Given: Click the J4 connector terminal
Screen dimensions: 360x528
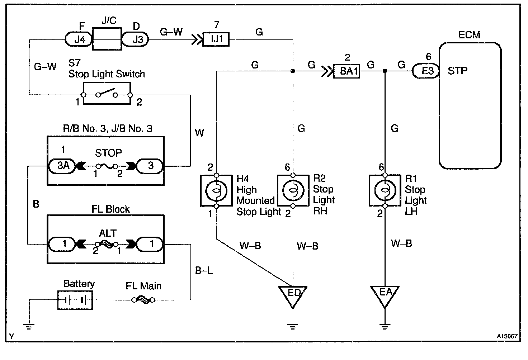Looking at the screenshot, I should pyautogui.click(x=79, y=39).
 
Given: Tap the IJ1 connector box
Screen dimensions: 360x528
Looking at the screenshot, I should pyautogui.click(x=216, y=39).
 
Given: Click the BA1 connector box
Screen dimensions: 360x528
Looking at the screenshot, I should pyautogui.click(x=346, y=71).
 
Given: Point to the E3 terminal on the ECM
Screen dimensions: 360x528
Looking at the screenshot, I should pyautogui.click(x=426, y=71).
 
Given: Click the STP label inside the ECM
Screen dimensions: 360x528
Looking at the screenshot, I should pyautogui.click(x=457, y=71).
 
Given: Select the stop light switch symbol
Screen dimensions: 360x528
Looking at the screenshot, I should pyautogui.click(x=107, y=94).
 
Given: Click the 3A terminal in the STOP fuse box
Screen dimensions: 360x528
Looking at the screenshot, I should pyautogui.click(x=63, y=166).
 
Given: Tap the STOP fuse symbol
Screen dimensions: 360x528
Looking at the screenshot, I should pyautogui.click(x=107, y=166).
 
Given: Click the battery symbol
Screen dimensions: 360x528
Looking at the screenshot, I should pyautogui.click(x=75, y=300).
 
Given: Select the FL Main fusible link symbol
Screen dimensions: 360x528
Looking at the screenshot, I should pyautogui.click(x=143, y=300).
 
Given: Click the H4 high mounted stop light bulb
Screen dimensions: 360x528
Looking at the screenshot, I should pyautogui.click(x=216, y=190).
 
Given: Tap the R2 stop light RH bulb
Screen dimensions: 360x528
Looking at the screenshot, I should pyautogui.click(x=293, y=190).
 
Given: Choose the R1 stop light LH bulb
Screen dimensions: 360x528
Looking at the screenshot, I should pyautogui.click(x=385, y=190).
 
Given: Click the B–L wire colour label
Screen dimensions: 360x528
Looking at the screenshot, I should pyautogui.click(x=204, y=270).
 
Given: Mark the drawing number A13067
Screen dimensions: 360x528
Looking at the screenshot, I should pyautogui.click(x=507, y=337).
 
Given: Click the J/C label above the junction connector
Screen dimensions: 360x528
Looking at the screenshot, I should pyautogui.click(x=108, y=21).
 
